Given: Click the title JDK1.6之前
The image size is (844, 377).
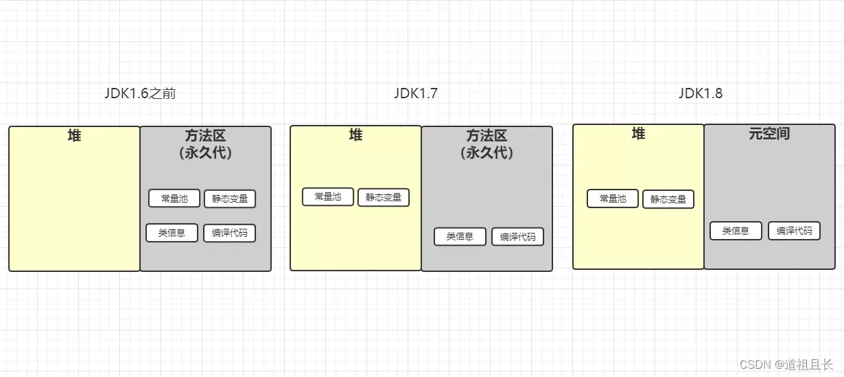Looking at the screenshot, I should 140,94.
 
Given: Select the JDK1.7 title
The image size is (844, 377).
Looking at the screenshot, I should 416,94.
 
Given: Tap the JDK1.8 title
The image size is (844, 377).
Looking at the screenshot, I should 701,93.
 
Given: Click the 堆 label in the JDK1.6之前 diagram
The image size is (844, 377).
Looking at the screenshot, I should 74,136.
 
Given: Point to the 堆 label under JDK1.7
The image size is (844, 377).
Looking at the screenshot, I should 355,135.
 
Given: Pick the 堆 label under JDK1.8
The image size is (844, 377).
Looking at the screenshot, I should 638,134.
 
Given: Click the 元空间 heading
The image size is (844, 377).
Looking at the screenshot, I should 769,134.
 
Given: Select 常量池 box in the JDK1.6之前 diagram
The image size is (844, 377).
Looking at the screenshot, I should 174,198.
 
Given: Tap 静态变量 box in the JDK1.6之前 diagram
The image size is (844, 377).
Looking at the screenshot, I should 230,199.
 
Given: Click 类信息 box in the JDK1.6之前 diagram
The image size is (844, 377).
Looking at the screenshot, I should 172,233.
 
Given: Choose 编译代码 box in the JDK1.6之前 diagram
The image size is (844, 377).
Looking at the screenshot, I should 229,233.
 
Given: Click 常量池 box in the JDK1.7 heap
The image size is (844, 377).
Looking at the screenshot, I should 328,196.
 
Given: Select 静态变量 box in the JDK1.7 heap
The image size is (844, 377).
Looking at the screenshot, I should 384,197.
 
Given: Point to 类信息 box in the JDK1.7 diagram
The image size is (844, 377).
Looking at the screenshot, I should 460,236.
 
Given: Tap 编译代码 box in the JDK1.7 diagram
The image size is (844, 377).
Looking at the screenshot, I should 517,237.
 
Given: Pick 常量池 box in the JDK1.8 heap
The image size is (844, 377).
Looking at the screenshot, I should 613,198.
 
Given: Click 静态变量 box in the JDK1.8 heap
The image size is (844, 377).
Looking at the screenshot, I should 668,199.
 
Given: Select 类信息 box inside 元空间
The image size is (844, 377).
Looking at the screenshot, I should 736,231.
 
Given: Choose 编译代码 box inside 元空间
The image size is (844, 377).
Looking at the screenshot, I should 794,231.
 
